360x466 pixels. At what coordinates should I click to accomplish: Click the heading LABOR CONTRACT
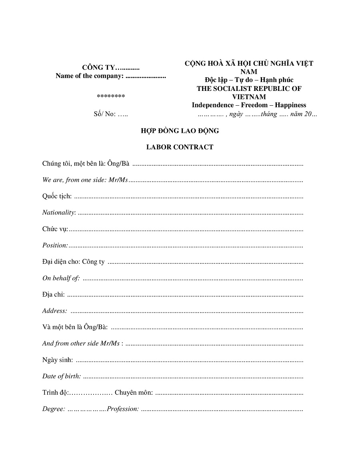point(180,147)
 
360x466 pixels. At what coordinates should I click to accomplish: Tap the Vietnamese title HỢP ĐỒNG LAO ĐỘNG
point(180,131)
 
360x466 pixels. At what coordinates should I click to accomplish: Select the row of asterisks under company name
point(111,96)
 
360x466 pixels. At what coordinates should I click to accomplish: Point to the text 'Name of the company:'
point(90,76)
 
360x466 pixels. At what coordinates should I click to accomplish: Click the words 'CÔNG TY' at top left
point(98,67)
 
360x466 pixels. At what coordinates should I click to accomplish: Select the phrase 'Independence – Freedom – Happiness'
point(249,105)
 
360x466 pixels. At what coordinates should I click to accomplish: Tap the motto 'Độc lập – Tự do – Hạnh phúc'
point(249,80)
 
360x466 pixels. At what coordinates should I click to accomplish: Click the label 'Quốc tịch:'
point(57,196)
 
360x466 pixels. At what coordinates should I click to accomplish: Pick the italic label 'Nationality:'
point(59,213)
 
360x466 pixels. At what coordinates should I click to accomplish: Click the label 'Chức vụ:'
point(55,229)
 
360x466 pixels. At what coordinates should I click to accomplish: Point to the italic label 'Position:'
point(55,245)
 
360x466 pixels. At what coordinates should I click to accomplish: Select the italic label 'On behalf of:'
point(61,278)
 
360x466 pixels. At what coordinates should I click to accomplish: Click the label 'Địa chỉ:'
point(54,295)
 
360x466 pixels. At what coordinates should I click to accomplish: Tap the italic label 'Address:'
point(55,311)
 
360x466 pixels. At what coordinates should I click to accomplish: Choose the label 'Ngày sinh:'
point(58,360)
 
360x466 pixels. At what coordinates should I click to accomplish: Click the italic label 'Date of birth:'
point(62,376)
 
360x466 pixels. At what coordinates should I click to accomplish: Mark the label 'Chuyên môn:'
point(134,393)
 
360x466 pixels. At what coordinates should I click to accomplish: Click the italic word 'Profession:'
point(123,409)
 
